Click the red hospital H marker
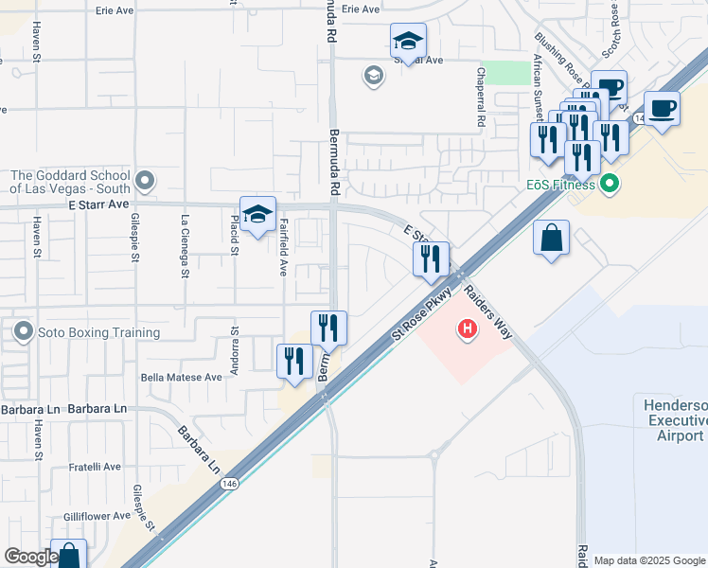click(x=467, y=329)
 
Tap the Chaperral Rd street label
click(x=481, y=98)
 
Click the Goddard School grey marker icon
click(x=144, y=180)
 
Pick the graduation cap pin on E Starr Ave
click(x=257, y=213)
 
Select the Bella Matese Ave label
click(x=181, y=376)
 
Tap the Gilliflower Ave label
click(x=92, y=516)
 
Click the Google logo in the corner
click(x=30, y=557)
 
